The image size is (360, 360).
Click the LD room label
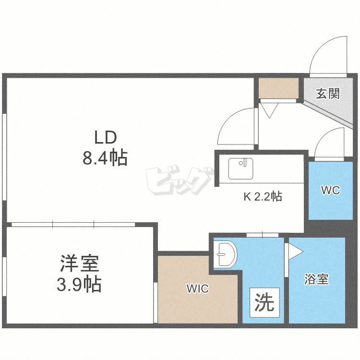(105, 138)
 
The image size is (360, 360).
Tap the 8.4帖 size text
(105, 157)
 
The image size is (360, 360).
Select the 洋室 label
(79, 265)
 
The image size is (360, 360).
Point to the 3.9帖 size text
(79, 285)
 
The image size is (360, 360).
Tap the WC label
(330, 190)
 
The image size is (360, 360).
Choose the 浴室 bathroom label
(317, 280)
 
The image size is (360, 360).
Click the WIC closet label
(198, 289)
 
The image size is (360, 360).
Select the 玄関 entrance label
(327, 93)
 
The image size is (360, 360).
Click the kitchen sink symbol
(240, 168)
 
